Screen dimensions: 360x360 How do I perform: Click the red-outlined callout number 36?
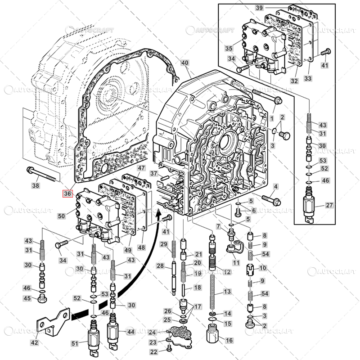point(67,194)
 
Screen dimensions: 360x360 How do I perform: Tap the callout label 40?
point(185,63)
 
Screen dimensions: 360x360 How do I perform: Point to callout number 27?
point(329,205)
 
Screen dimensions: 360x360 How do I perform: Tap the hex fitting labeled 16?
point(213,335)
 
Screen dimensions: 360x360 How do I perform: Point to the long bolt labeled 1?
point(265,96)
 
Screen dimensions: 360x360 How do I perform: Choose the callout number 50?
point(61,216)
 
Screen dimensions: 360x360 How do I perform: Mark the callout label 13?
point(227,292)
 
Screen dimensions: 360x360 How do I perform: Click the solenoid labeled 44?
point(112,333)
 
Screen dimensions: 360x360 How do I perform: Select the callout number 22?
point(154,352)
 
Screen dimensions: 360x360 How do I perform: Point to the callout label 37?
point(154,174)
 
